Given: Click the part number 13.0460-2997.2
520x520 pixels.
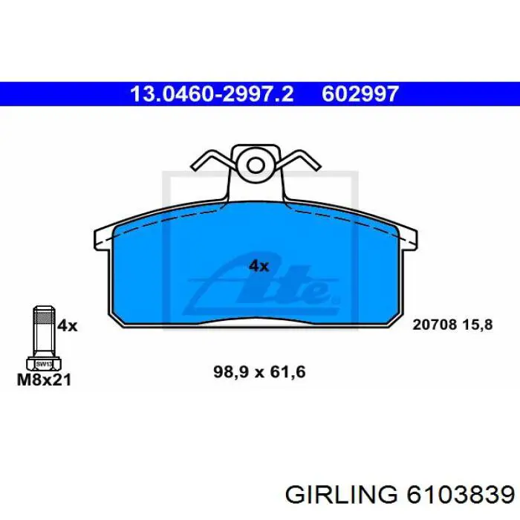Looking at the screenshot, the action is [212, 94].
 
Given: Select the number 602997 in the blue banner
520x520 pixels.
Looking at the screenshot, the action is [360, 94].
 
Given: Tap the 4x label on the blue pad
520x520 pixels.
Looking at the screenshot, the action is [259, 266].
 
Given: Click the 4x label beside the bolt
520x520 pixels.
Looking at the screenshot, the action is [67, 325].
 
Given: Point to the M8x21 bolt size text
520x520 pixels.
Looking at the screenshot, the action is [44, 380].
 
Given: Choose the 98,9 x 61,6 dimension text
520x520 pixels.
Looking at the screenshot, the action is [259, 372].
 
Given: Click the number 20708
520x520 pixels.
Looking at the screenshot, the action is [435, 325].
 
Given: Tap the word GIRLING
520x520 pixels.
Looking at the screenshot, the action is [341, 495].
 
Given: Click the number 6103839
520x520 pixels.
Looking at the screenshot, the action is [461, 495].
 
